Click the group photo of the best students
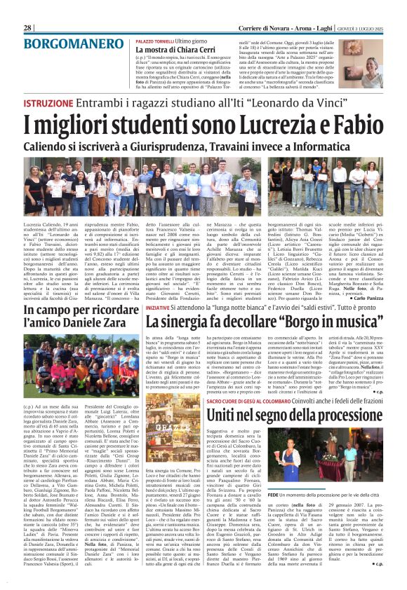203,178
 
